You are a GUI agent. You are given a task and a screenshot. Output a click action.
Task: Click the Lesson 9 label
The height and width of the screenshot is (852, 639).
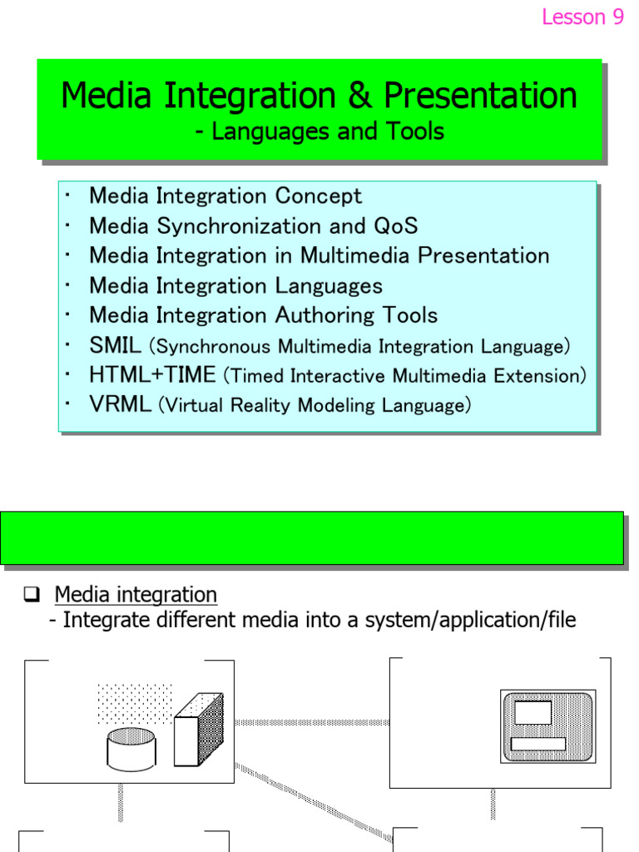tap(582, 17)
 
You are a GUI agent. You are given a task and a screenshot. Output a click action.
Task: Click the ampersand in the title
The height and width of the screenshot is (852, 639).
tap(359, 96)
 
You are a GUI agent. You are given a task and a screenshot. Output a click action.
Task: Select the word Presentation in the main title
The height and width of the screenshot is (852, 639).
tap(480, 96)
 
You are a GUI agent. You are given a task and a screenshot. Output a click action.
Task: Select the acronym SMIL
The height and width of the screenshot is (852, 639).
tap(115, 345)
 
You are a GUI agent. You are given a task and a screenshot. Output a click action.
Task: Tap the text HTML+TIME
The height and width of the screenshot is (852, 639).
tap(152, 375)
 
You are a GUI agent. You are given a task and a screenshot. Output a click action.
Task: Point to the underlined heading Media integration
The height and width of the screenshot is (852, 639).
tap(136, 595)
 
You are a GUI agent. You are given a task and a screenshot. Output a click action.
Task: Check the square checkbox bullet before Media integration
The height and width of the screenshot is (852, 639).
tap(32, 595)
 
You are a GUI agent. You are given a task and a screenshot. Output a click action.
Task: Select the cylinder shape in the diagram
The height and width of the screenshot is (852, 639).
tap(131, 747)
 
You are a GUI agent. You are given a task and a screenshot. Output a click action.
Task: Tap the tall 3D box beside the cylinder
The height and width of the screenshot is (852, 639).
tap(198, 729)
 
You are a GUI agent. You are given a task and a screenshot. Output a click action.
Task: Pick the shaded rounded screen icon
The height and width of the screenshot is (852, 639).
tap(547, 726)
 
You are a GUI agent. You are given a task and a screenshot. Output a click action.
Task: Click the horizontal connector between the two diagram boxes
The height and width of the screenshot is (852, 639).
tap(312, 722)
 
